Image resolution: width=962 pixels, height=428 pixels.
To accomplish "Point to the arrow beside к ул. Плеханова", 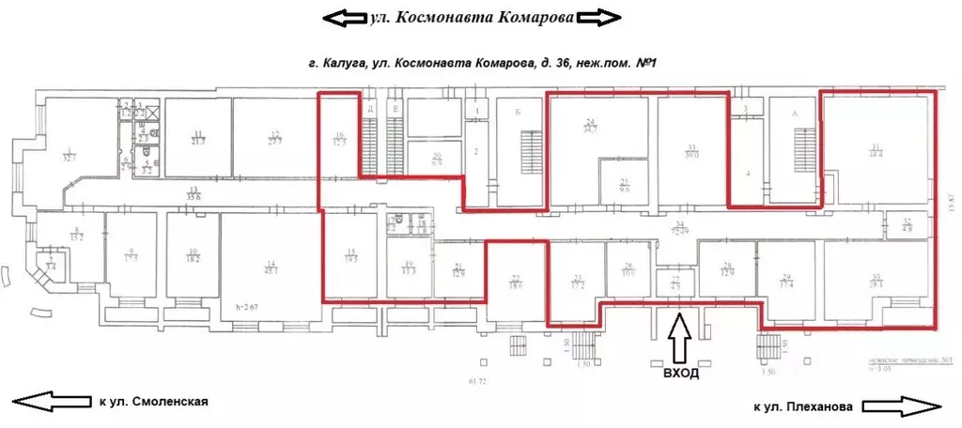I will [899, 405].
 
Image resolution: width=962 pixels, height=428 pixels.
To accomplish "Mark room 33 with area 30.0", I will [691, 151].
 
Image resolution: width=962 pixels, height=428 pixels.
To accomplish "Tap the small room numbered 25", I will [624, 185].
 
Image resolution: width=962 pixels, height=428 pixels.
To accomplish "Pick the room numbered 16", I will [340, 139].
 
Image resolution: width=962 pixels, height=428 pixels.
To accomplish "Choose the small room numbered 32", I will [908, 225].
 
